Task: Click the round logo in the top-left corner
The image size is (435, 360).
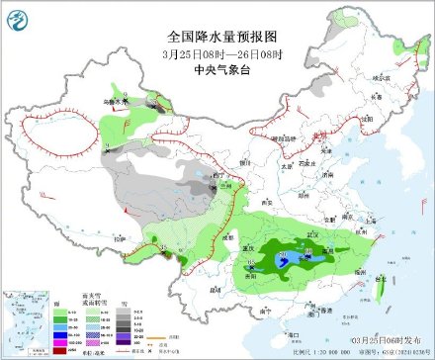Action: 15,14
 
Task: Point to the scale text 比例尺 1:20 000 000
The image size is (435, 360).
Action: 318,351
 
